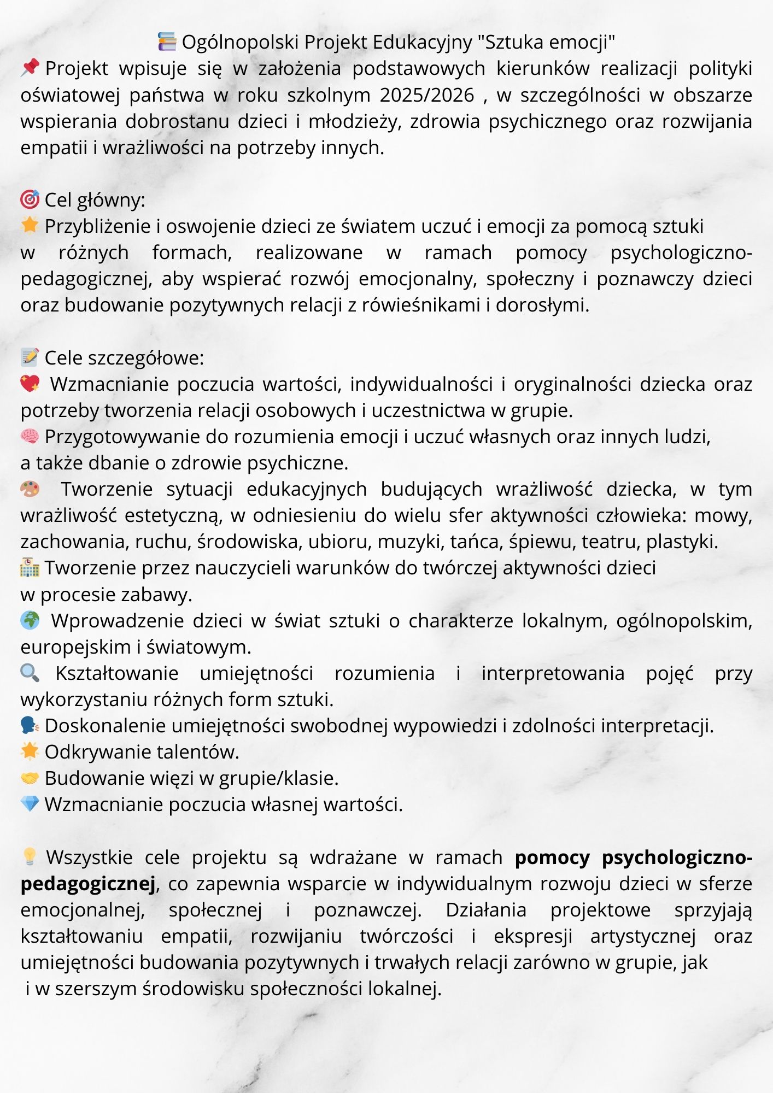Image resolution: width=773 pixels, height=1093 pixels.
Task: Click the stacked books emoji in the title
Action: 167,42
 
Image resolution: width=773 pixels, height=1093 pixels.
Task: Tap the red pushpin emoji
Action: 30,68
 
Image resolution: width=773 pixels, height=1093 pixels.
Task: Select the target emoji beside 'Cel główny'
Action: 30,199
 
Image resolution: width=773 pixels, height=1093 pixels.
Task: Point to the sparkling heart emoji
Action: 30,384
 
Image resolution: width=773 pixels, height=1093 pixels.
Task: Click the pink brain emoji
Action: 30,436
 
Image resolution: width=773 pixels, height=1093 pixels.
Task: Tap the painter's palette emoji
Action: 30,489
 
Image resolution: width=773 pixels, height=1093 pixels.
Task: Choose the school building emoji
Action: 30,568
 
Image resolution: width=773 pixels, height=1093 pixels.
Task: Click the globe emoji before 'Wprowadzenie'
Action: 30,620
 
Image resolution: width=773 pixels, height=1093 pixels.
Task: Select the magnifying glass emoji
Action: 30,673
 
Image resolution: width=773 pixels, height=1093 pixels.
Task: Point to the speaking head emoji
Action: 30,725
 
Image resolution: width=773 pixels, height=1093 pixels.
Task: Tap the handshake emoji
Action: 30,778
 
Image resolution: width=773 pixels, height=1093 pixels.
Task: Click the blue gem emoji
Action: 30,804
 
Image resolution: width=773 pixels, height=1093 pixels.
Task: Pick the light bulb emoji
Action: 30,856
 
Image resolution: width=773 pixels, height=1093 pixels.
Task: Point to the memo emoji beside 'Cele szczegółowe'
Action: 30,357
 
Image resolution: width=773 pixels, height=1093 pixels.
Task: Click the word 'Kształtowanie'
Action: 117,673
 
